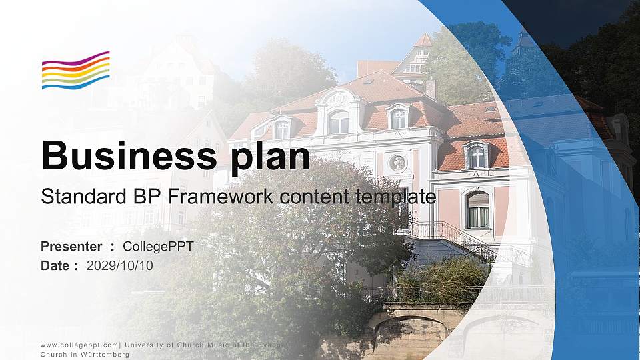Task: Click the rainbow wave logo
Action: pyautogui.click(x=76, y=70)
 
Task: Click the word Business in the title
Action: pyautogui.click(x=129, y=155)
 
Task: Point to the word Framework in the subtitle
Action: pyautogui.click(x=220, y=196)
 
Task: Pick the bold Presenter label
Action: pyautogui.click(x=71, y=246)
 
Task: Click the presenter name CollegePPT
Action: pyautogui.click(x=158, y=247)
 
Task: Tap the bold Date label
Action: pyautogui.click(x=54, y=265)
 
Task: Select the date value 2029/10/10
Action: pyautogui.click(x=119, y=266)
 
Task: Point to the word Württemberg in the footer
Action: pyautogui.click(x=105, y=354)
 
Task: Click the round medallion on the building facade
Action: pyautogui.click(x=397, y=163)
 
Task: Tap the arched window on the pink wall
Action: pyautogui.click(x=477, y=210)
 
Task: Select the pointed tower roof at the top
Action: pyautogui.click(x=423, y=41)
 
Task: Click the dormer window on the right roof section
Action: pyautogui.click(x=476, y=155)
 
